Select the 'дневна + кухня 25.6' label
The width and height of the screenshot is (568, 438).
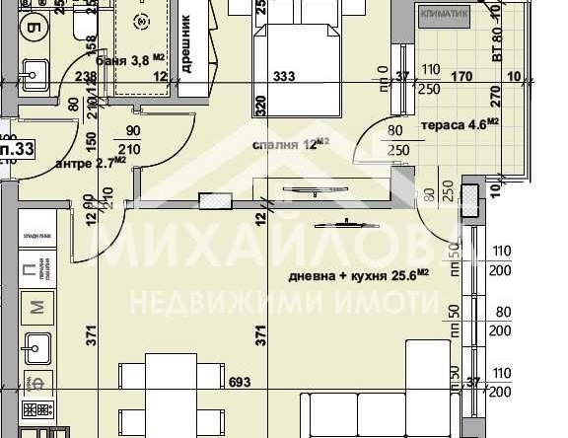(x=358, y=274)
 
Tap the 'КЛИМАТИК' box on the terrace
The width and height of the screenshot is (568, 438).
(x=444, y=15)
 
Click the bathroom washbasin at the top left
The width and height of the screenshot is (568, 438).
(x=34, y=71)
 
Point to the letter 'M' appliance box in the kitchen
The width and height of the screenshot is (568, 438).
(x=37, y=308)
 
